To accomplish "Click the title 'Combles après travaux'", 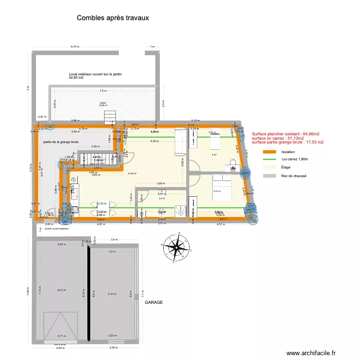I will coord(113,17).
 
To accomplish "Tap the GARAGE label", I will coord(154,303).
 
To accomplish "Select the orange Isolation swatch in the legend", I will coord(270,151).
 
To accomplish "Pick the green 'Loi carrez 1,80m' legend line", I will coord(270,159).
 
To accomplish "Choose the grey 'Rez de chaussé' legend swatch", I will coord(270,176).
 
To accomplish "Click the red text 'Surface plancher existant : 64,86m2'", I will coord(286,134).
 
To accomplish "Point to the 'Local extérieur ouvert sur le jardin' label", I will coord(99,74).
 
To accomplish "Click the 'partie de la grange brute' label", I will coord(61,142).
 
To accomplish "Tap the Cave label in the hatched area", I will coord(103,103).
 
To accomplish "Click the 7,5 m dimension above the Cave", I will coord(103,91).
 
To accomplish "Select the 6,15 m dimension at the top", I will coord(74,47).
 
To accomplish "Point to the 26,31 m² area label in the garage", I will coord(61,290).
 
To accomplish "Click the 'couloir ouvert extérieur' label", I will coord(56,228).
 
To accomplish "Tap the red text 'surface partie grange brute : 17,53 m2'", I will coord(288,142).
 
